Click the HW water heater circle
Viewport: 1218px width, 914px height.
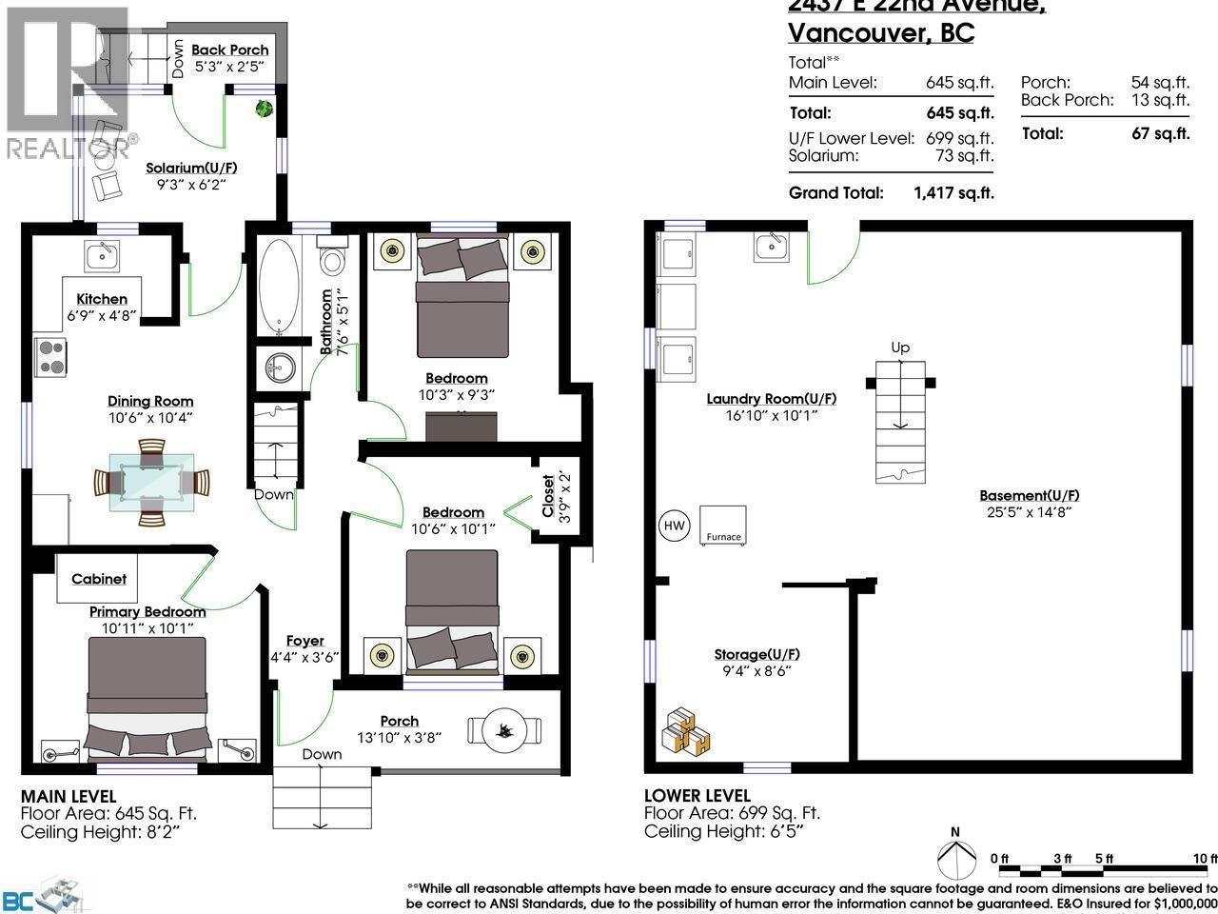674,526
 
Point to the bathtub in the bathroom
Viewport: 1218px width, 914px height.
278,288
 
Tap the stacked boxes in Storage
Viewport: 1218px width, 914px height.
684,731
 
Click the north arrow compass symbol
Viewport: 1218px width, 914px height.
955,854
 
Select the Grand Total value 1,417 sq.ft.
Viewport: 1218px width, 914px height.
953,192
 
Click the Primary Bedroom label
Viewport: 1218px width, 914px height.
147,611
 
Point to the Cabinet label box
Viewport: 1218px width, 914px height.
99,579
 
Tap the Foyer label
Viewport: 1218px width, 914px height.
304,641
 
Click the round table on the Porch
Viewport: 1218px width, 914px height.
505,730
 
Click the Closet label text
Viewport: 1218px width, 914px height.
547,495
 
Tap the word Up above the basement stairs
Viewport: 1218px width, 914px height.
900,348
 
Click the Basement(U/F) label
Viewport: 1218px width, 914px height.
1030,495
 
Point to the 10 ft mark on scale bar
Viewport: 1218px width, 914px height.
1206,859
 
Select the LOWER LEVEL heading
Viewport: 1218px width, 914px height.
697,796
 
